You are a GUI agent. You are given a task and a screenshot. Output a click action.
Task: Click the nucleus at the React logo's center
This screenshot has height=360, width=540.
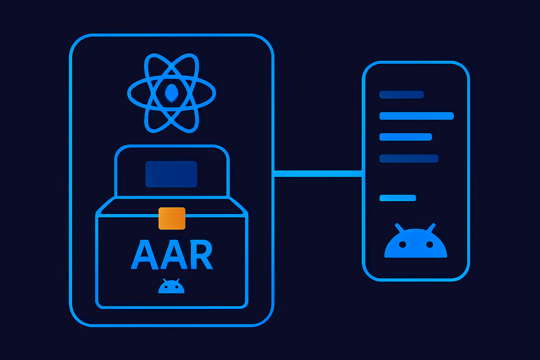point(172,93)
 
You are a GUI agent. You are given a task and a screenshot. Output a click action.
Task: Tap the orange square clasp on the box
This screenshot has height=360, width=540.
point(172,218)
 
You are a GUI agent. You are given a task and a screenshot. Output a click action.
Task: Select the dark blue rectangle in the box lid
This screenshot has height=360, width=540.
point(172,174)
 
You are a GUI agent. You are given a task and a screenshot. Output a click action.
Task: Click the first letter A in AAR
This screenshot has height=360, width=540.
point(144,254)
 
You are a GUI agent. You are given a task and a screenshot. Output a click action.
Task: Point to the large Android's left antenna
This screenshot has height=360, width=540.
point(399,228)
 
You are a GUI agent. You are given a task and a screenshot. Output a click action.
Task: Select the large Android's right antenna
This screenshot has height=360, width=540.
point(431,228)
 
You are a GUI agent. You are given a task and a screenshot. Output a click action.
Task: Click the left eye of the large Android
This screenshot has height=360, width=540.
point(402,244)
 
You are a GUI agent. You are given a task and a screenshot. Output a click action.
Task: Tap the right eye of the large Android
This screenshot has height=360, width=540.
point(430,244)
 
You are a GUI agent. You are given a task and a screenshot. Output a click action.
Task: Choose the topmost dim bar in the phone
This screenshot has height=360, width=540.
point(401,95)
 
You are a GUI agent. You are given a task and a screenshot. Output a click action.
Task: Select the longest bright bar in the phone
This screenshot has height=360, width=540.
point(417,116)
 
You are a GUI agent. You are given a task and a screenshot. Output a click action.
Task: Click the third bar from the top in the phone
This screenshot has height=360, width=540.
point(406,137)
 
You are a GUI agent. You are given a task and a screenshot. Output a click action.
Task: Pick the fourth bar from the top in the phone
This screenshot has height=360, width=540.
point(409,159)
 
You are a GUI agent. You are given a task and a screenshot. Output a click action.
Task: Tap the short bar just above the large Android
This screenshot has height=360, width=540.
point(398,198)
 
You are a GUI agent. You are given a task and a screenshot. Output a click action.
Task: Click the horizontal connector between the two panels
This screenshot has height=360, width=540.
point(318,174)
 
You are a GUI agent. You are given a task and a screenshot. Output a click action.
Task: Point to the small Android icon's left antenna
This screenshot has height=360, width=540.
point(165,281)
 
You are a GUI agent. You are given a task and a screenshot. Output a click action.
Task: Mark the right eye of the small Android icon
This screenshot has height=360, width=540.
point(177,287)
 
